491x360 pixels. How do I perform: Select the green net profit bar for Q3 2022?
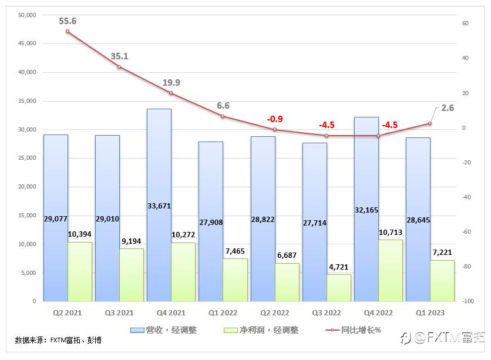(339, 288)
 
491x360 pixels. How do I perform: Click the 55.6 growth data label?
(68, 21)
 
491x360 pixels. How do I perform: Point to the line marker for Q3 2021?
(119, 67)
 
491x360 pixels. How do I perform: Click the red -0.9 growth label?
(274, 119)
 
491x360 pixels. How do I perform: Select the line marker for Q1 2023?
(430, 123)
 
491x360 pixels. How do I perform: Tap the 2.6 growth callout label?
(447, 108)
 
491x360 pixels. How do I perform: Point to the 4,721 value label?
(339, 267)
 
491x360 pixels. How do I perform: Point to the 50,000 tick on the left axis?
(26, 15)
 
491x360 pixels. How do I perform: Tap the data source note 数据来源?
(58, 340)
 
